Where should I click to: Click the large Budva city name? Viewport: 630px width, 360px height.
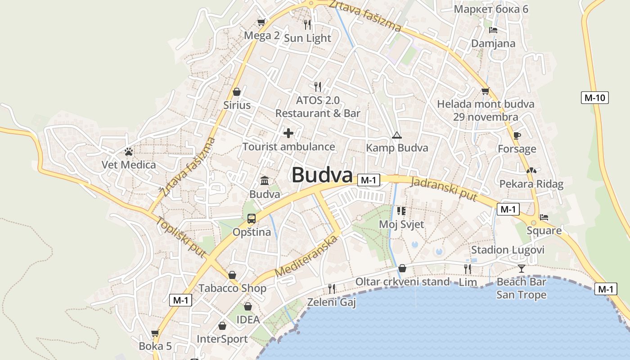(x=322, y=175)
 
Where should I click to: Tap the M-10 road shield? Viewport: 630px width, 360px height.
(x=594, y=98)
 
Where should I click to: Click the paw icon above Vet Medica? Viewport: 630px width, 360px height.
(x=129, y=152)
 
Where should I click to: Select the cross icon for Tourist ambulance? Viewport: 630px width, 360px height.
(x=288, y=133)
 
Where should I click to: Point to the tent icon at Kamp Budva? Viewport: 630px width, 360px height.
(x=396, y=135)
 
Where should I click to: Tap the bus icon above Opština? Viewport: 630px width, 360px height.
(x=252, y=219)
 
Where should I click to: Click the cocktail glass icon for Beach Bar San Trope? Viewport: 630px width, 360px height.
(x=521, y=269)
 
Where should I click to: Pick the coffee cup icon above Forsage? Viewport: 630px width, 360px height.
(x=517, y=135)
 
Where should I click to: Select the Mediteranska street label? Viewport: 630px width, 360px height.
(x=306, y=256)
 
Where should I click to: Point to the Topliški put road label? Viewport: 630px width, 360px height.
(x=181, y=237)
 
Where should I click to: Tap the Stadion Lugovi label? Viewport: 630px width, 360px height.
(x=508, y=250)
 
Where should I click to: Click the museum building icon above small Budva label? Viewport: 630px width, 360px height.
(x=265, y=181)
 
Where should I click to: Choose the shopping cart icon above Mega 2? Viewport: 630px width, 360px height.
(x=261, y=22)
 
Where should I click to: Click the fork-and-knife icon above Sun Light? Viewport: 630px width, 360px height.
(x=307, y=24)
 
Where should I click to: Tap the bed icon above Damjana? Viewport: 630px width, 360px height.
(x=493, y=30)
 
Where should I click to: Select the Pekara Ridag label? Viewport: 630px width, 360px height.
(x=531, y=184)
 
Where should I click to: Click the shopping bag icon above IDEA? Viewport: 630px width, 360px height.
(x=248, y=306)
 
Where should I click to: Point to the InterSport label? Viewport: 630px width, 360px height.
(x=222, y=339)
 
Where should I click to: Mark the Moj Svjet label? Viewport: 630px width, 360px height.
(x=401, y=224)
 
